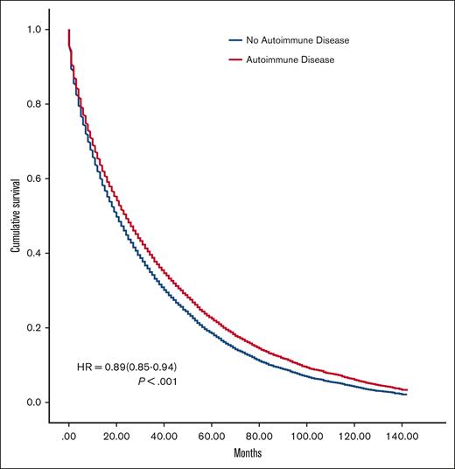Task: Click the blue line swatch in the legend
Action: (234, 39)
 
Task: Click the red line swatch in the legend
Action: (234, 59)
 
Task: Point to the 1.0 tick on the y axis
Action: (34, 30)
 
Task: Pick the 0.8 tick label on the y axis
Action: (34, 104)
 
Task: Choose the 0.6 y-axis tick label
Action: (34, 178)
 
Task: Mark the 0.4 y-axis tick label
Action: (34, 253)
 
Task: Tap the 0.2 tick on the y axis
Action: (34, 328)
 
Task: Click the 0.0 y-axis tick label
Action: (34, 402)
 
